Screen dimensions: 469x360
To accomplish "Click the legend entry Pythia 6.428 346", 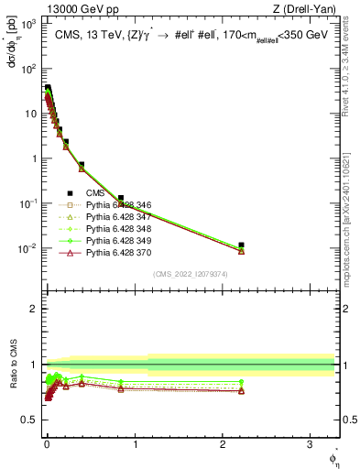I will point(115,205).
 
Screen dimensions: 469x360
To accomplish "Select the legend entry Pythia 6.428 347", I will point(115,217).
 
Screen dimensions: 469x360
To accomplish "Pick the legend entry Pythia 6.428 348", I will point(115,229).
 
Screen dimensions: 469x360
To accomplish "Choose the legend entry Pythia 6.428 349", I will point(115,241).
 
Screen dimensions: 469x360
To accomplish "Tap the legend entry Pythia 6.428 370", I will point(115,253).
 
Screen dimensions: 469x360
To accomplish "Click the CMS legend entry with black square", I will point(94,193).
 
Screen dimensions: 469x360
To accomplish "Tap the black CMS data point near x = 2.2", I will point(241,245).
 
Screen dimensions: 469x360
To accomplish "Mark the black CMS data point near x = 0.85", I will point(121,198).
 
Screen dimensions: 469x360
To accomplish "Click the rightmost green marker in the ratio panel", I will point(241,382).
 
